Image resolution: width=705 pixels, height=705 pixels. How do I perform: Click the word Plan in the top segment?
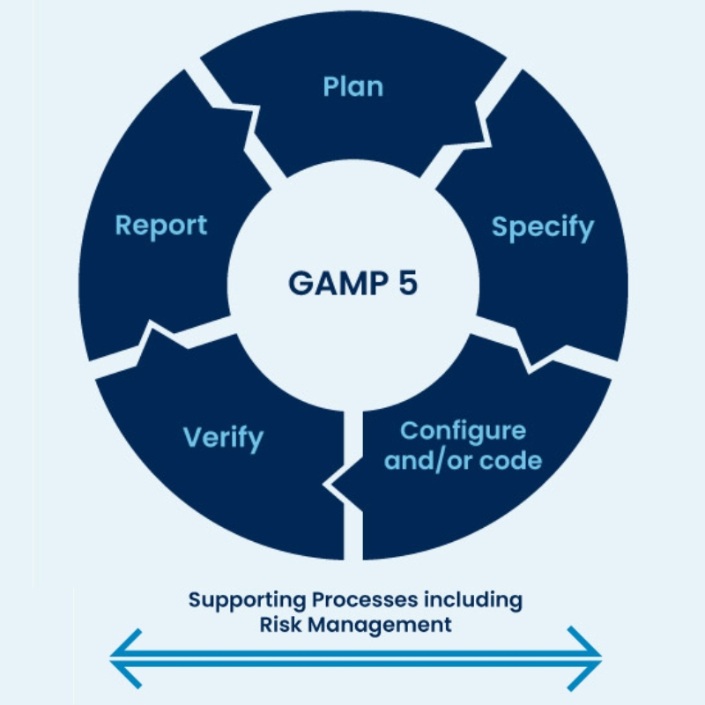[x=353, y=86]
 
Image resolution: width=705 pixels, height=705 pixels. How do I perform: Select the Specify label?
[x=543, y=228]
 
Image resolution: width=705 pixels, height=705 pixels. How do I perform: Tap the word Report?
[x=161, y=226]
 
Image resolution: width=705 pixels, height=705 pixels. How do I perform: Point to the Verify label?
[x=223, y=438]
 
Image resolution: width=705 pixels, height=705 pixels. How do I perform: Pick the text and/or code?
[x=464, y=461]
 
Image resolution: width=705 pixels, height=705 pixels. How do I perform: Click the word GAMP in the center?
[x=338, y=283]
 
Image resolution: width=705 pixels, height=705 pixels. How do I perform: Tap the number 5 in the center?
[x=408, y=283]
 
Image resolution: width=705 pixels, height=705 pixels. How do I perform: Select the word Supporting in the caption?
[x=247, y=601]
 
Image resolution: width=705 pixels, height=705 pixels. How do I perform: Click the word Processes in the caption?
[x=365, y=600]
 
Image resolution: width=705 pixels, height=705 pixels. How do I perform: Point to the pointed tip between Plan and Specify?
[x=492, y=146]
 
